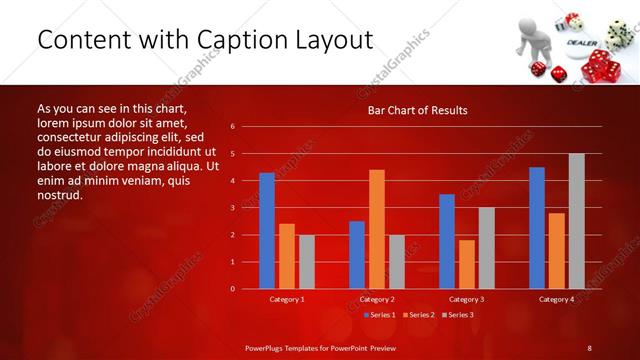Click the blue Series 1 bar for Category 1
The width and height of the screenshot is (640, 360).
click(x=267, y=231)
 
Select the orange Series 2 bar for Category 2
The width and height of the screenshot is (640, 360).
click(x=377, y=229)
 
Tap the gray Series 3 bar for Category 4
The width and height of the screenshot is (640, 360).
click(x=576, y=221)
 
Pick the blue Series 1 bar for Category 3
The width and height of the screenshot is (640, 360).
click(x=447, y=241)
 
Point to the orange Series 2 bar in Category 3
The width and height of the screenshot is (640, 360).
click(x=467, y=264)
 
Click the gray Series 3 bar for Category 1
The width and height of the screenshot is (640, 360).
click(x=307, y=262)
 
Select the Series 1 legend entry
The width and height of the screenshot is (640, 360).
click(x=380, y=315)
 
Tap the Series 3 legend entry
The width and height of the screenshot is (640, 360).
click(x=457, y=315)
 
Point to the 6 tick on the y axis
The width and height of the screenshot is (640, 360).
click(x=232, y=127)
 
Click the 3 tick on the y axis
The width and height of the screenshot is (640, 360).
click(x=232, y=208)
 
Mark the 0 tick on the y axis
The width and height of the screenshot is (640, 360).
click(x=232, y=289)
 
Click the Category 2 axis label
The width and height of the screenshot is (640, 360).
click(x=377, y=299)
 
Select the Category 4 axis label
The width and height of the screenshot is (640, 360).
click(x=557, y=299)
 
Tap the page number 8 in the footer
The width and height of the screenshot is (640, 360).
click(x=589, y=347)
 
